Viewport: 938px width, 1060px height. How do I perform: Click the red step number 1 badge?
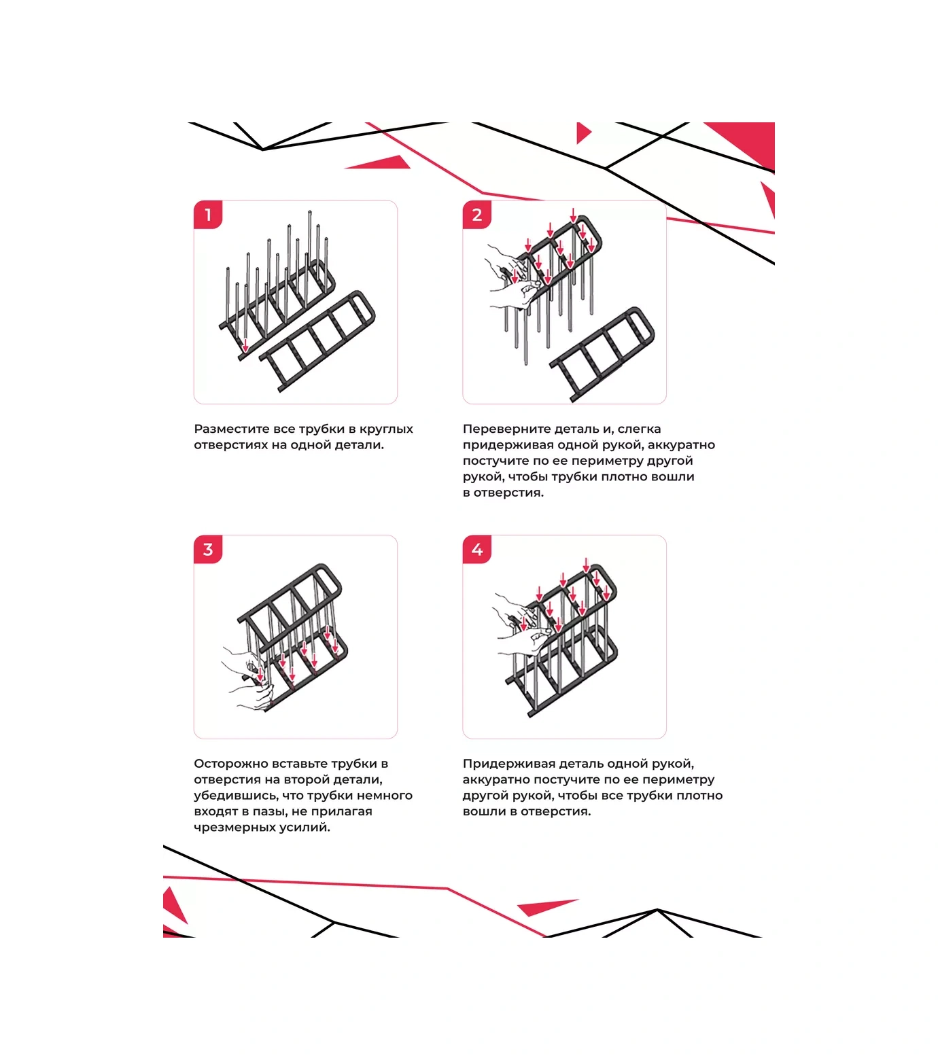(208, 215)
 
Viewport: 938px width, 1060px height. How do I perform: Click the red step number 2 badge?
(477, 215)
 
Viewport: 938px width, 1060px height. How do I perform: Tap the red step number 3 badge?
(208, 549)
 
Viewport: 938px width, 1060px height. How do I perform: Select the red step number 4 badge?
(477, 549)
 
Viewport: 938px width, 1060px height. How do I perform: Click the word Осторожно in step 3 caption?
(227, 764)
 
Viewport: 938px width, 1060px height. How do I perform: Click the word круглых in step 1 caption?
(386, 429)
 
